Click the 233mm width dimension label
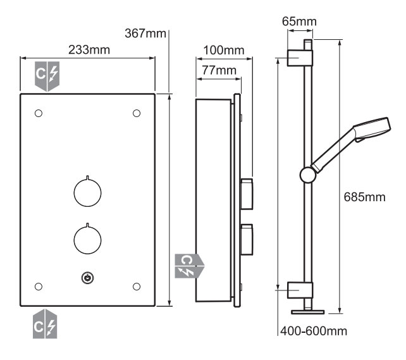coord(89,50)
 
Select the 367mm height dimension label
coord(145,34)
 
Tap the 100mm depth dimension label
coord(224,50)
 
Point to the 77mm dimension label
coord(219,70)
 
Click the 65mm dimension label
coord(299,22)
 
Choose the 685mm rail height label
coord(364,197)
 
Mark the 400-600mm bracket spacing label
coord(314,331)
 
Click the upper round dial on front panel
coord(87,192)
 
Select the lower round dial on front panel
coord(87,239)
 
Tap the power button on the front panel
coord(87,278)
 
